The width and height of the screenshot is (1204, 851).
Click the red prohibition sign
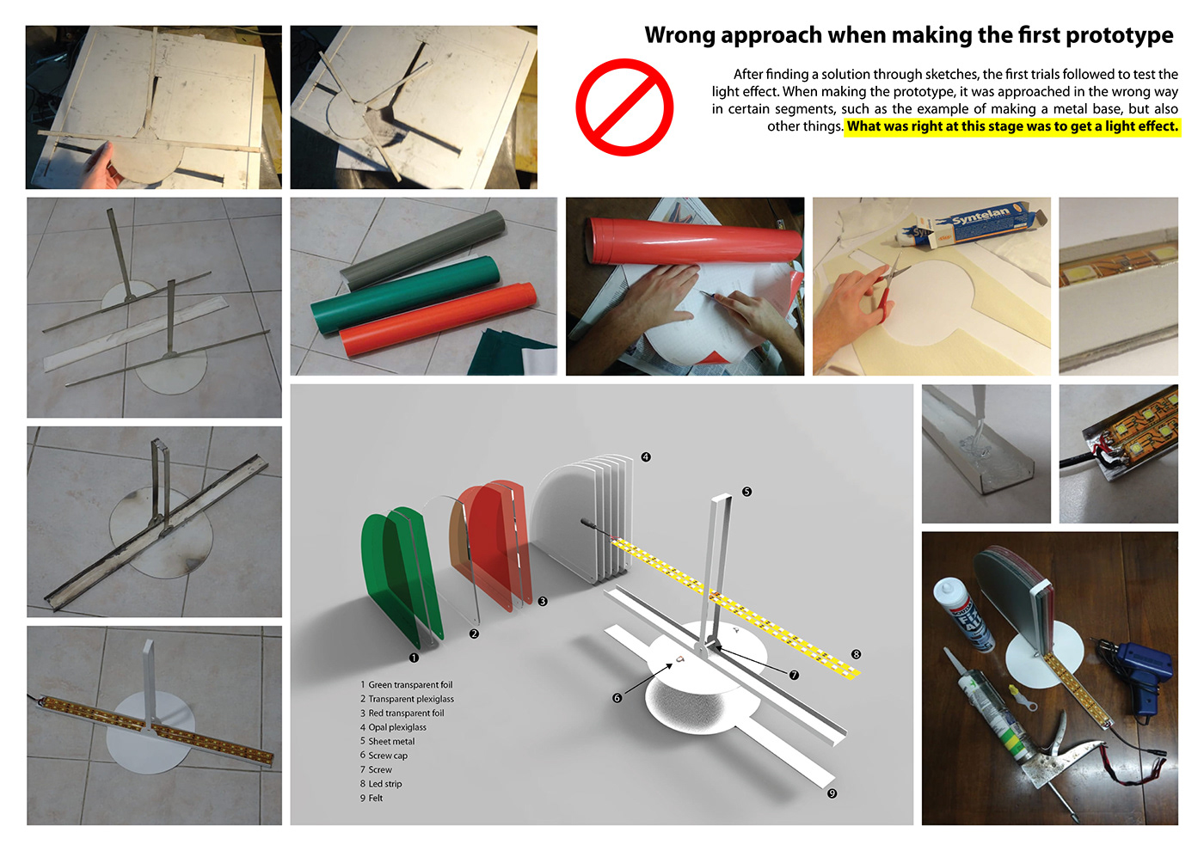coord(624,107)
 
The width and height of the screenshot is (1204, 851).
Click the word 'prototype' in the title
coord(1120,35)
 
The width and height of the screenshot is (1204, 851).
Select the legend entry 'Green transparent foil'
coord(406,685)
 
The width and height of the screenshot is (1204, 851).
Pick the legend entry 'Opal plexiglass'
coord(393,727)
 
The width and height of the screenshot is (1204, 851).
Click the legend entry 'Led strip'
coord(380,784)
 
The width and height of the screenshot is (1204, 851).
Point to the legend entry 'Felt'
coord(371,799)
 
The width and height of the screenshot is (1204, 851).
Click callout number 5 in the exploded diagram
coord(746,492)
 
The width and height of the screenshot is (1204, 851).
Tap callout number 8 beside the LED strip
coord(856,654)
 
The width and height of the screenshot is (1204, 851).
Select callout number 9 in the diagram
coord(832,793)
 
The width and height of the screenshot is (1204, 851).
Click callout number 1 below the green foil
coord(414,658)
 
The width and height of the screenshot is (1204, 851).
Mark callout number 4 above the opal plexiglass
coord(646,457)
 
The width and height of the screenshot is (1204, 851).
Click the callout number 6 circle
coord(617,698)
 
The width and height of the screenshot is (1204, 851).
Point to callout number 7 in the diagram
coord(794,676)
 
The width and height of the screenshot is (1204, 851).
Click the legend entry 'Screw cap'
coord(384,756)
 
